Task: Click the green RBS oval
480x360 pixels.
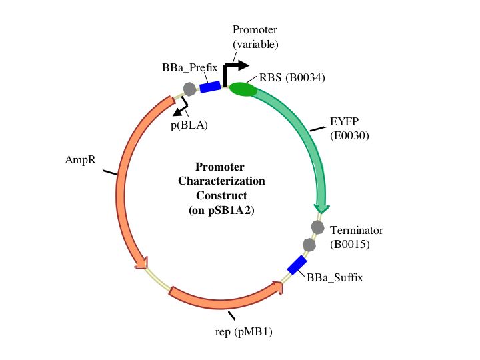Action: click(x=243, y=89)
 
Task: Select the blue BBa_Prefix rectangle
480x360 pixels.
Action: click(x=211, y=87)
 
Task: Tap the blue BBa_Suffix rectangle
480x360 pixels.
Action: click(x=296, y=265)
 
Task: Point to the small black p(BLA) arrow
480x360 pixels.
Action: click(x=180, y=107)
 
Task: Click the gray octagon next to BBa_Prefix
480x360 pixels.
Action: click(x=190, y=89)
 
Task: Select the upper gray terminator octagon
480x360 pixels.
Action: click(x=317, y=227)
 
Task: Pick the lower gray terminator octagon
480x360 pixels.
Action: click(x=309, y=245)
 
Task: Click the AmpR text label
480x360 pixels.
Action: click(x=79, y=160)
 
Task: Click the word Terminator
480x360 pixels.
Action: click(x=357, y=230)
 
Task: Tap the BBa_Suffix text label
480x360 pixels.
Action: click(x=335, y=277)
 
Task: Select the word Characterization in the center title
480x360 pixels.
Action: click(x=221, y=181)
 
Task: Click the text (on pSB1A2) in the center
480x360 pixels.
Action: click(x=221, y=210)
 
